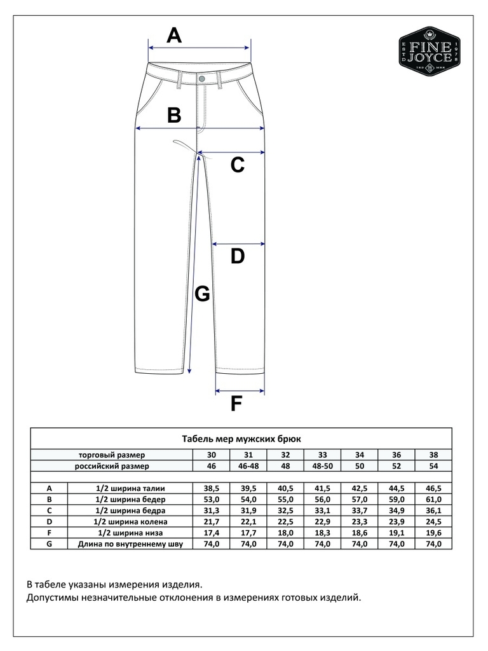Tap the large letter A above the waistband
pyautogui.click(x=173, y=36)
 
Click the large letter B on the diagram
pyautogui.click(x=173, y=116)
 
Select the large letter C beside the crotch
pyautogui.click(x=237, y=165)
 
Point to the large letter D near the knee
pyautogui.click(x=237, y=257)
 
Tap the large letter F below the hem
pyautogui.click(x=236, y=404)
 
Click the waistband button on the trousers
pyautogui.click(x=202, y=78)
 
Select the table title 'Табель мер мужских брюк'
pyautogui.click(x=241, y=439)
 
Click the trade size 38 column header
pyautogui.click(x=434, y=455)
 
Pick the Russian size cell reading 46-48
pyautogui.click(x=248, y=466)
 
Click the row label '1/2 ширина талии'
pyautogui.click(x=130, y=488)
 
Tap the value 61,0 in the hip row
pyautogui.click(x=434, y=500)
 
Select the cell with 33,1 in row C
pyautogui.click(x=323, y=511)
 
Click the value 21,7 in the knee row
pyautogui.click(x=212, y=522)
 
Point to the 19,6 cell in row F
pyautogui.click(x=434, y=533)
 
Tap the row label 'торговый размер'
pyautogui.click(x=112, y=455)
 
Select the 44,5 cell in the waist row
pyautogui.click(x=397, y=488)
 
